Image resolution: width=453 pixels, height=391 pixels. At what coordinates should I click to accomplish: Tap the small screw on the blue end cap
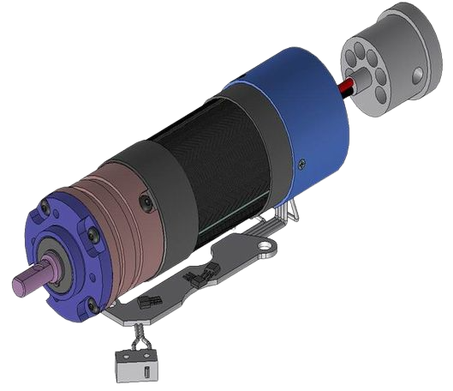[x=301, y=162]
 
